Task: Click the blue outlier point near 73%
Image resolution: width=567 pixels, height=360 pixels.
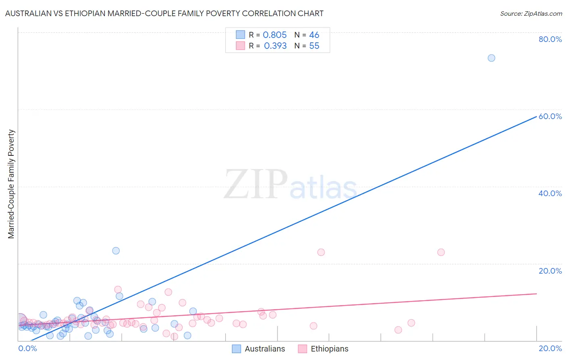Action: click(x=491, y=58)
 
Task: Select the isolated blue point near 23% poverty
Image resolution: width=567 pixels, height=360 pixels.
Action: click(x=116, y=251)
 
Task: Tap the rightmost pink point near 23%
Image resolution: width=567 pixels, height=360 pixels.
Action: click(x=441, y=252)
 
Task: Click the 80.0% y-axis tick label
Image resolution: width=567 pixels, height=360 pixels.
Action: click(x=550, y=39)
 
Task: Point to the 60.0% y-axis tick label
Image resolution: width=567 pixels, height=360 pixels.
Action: click(x=550, y=116)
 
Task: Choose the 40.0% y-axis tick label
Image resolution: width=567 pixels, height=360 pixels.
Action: click(x=550, y=193)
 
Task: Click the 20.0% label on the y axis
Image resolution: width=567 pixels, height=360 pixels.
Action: click(x=550, y=271)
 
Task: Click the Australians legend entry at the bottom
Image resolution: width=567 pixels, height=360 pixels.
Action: click(x=265, y=349)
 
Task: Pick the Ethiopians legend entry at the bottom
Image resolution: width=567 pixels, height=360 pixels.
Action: click(x=329, y=349)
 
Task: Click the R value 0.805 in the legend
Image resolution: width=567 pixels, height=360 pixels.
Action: click(x=275, y=35)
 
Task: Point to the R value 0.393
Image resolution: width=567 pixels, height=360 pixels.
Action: click(x=275, y=46)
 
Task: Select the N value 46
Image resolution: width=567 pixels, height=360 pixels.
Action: click(x=314, y=35)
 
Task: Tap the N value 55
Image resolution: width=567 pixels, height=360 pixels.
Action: click(x=314, y=46)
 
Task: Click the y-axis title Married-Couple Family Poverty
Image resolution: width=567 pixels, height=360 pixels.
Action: click(x=11, y=184)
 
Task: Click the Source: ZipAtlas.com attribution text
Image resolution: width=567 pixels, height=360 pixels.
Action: click(x=531, y=14)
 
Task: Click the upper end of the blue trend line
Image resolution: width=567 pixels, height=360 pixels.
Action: click(x=536, y=116)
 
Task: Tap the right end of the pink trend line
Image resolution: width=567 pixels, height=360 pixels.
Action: click(x=536, y=294)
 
